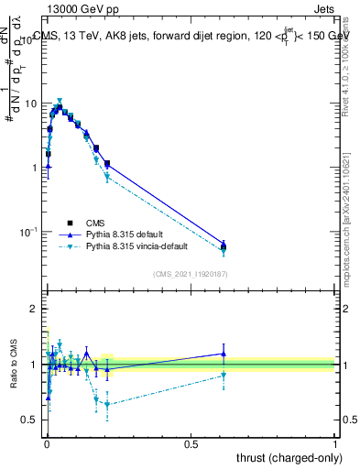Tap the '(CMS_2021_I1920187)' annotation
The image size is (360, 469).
[x=190, y=274]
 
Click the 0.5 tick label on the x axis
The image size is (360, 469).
[x=191, y=443]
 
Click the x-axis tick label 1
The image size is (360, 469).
[x=335, y=443]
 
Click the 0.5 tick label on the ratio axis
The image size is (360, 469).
[x=29, y=420]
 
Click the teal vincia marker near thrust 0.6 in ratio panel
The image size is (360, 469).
[x=224, y=375]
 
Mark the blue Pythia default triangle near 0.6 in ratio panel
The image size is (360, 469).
[x=224, y=354]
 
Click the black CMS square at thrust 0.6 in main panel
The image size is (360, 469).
[x=224, y=245]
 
